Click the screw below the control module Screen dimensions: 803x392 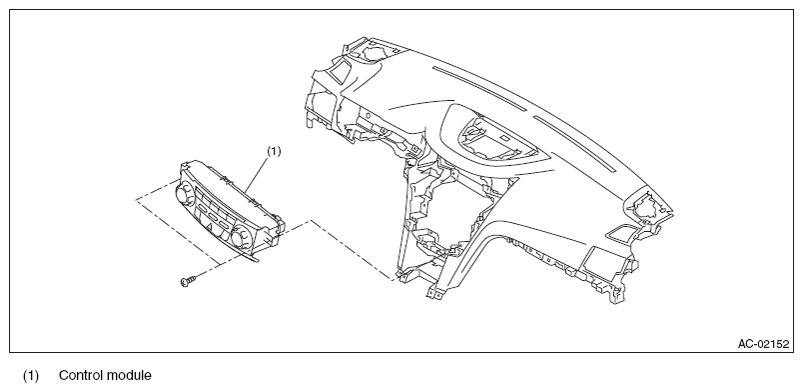coord(187,281)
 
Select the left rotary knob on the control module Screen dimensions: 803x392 coord(183,194)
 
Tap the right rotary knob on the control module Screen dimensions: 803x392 coord(239,238)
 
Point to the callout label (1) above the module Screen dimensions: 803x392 coord(274,151)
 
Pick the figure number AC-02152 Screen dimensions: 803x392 coord(764,344)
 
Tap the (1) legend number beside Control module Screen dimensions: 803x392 coord(30,376)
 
